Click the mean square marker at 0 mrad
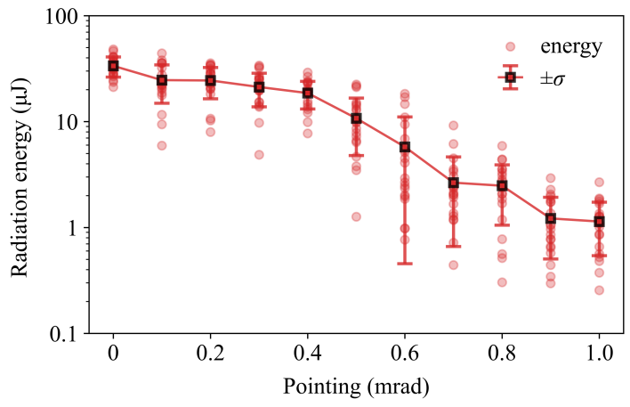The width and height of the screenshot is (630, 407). tap(113, 66)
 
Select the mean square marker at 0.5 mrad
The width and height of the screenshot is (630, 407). tap(356, 118)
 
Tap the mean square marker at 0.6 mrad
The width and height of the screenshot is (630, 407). tap(405, 147)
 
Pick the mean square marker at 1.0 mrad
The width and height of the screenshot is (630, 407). tap(599, 221)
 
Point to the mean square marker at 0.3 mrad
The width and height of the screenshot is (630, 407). tap(259, 87)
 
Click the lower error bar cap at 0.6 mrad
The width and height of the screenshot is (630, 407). tap(405, 264)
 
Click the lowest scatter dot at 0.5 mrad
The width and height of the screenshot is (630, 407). tap(356, 216)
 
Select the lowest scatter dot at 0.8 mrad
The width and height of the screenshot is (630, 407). tap(502, 282)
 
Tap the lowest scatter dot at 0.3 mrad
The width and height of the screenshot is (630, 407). tap(259, 154)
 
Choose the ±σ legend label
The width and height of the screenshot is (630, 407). tap(554, 78)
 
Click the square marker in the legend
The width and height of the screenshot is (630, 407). tap(510, 77)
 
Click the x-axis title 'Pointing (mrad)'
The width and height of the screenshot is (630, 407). tap(356, 387)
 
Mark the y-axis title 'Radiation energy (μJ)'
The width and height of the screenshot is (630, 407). tap(21, 175)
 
